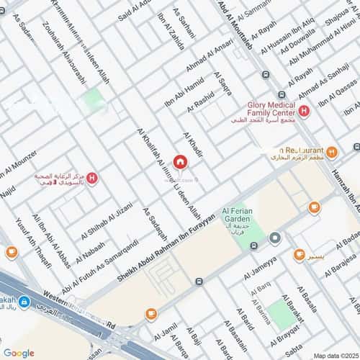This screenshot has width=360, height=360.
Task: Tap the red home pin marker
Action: coord(180,162)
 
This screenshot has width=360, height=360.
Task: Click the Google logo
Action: coord(19,353)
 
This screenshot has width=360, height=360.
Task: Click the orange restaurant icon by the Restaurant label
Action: coord(332,152)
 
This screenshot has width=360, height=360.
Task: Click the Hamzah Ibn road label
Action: coord(346,172)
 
